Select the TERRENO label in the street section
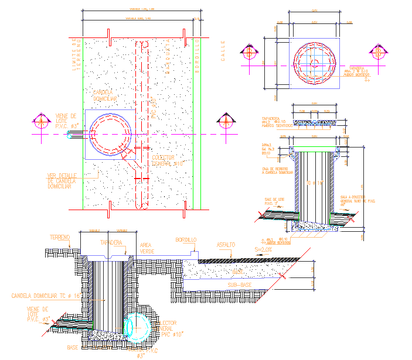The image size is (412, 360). pyautogui.click(x=60, y=237)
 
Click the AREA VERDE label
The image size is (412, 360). pyautogui.click(x=147, y=248)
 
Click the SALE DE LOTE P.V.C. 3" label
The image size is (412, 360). pyautogui.click(x=275, y=202)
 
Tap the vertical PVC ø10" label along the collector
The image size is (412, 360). pyautogui.click(x=154, y=109)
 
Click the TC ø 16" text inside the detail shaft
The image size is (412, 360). pyautogui.click(x=315, y=183)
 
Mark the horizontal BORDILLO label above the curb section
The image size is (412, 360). pyautogui.click(x=186, y=240)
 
